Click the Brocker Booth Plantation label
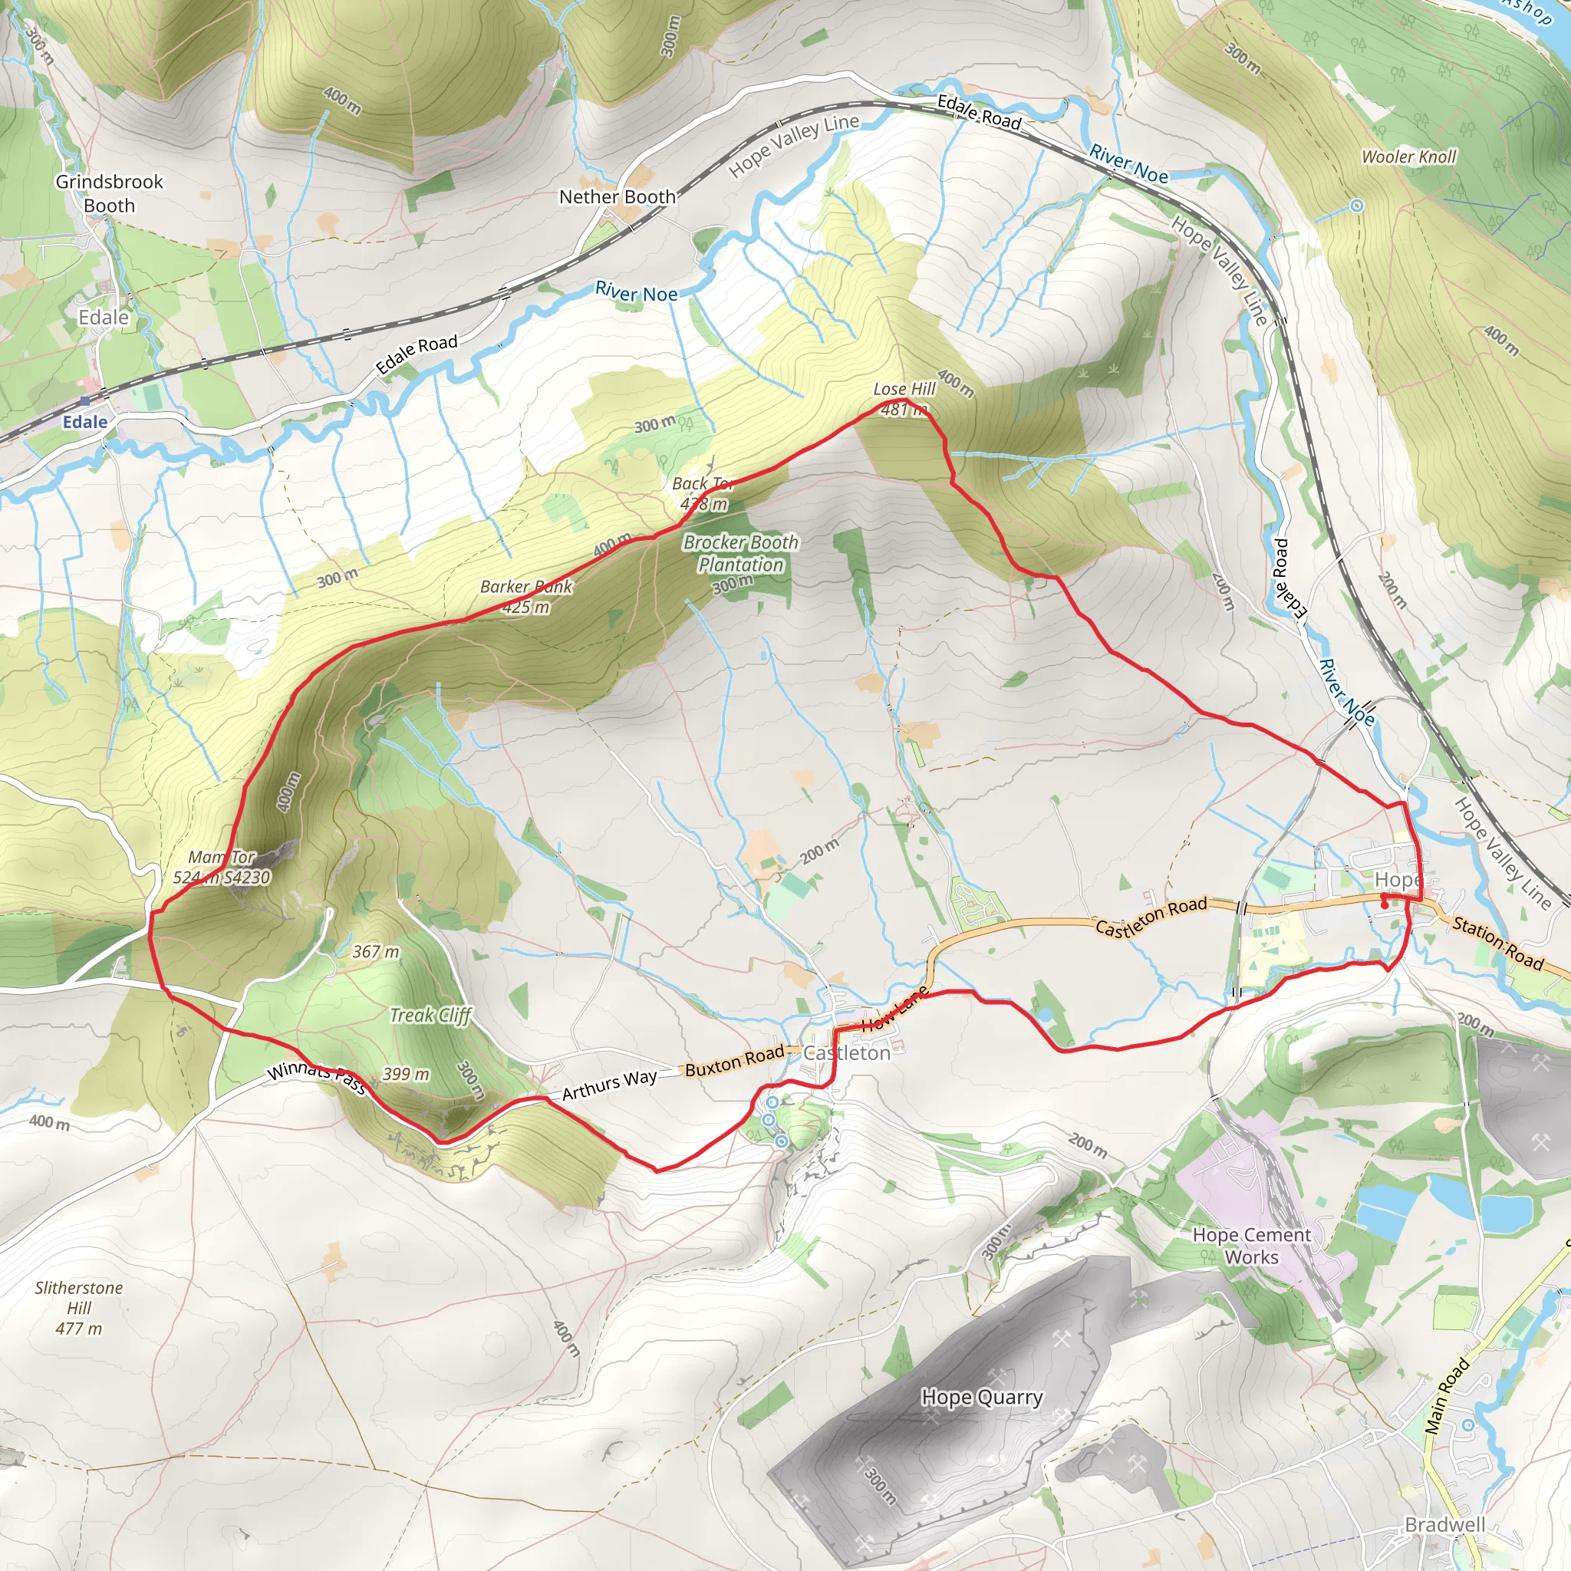[741, 554]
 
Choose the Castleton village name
[847, 1053]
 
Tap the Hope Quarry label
[981, 1397]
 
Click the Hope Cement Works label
[1251, 1246]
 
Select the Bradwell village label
[1445, 1525]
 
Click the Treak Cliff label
[430, 1015]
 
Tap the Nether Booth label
[618, 197]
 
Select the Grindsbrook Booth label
[109, 193]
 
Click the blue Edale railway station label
[84, 422]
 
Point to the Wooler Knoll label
[1408, 156]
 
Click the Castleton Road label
[1151, 917]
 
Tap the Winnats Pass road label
[317, 1075]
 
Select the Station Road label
[1498, 944]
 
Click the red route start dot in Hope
[1385, 897]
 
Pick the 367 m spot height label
[376, 951]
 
